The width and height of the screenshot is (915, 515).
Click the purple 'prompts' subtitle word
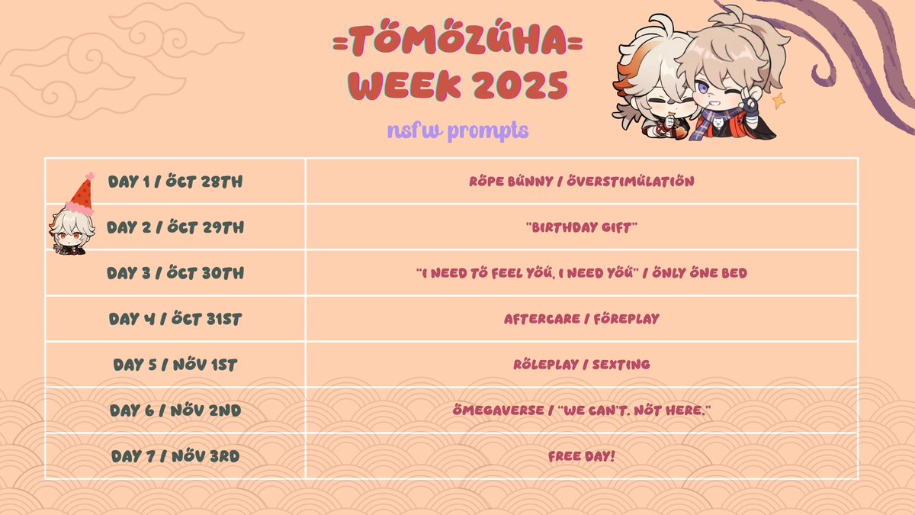(x=487, y=130)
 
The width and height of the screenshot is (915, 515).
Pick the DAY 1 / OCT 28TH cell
(x=175, y=182)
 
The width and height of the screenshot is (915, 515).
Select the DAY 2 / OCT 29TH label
(x=175, y=227)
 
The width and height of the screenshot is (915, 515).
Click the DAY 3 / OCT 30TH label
(x=175, y=273)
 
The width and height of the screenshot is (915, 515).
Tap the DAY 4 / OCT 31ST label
(x=175, y=319)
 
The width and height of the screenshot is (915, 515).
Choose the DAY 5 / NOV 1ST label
(x=175, y=365)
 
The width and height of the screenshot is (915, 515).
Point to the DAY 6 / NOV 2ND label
(x=175, y=410)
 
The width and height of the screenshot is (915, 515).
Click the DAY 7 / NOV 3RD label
(x=175, y=456)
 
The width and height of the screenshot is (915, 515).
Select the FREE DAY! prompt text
(x=581, y=456)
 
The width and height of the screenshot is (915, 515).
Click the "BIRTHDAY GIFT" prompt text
(x=581, y=227)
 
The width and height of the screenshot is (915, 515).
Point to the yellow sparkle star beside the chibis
(x=779, y=100)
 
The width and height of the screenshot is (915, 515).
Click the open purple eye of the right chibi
(x=701, y=90)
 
